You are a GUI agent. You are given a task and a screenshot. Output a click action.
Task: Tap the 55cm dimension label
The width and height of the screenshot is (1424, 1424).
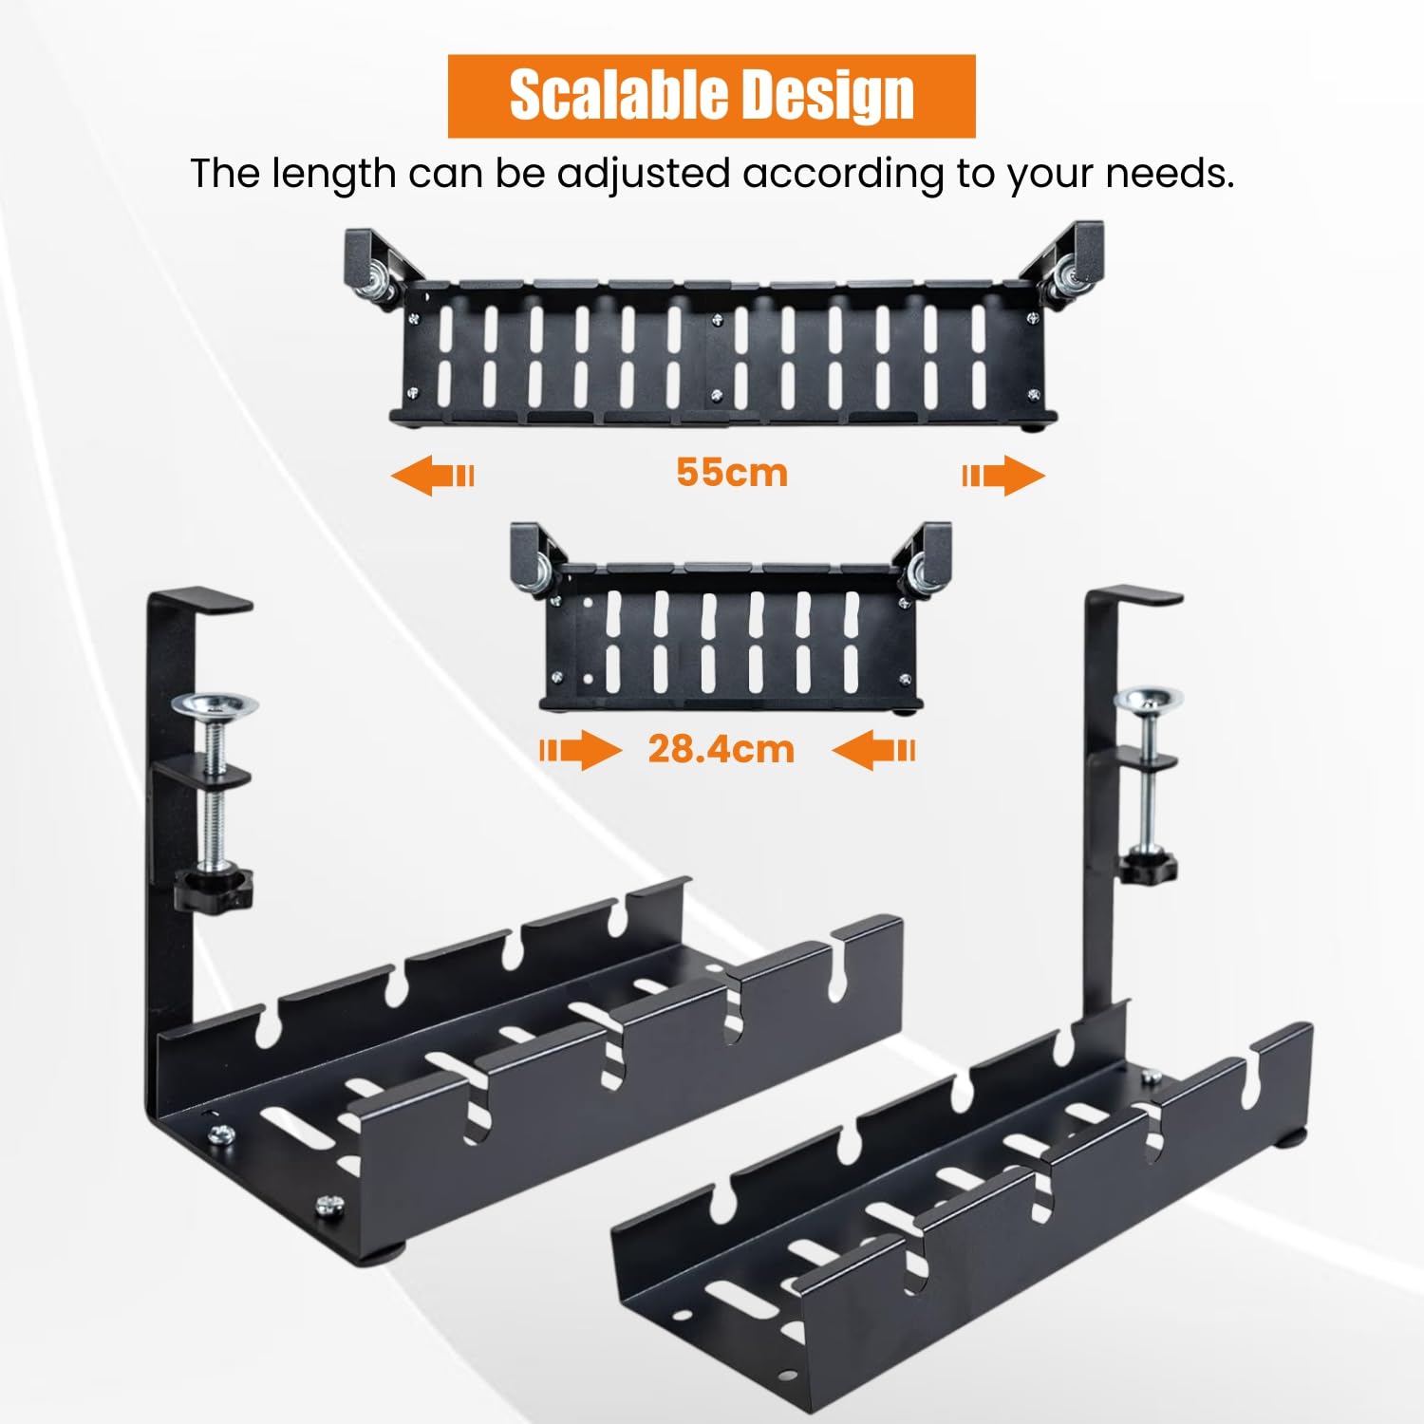pyautogui.click(x=732, y=473)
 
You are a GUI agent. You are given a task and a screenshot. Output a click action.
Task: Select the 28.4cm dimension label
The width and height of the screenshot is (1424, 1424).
pyautogui.click(x=721, y=749)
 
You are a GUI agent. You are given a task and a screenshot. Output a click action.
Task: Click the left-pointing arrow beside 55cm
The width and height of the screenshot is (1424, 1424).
pyautogui.click(x=432, y=475)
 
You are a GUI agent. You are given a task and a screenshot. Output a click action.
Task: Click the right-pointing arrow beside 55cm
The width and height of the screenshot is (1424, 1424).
pyautogui.click(x=1003, y=475)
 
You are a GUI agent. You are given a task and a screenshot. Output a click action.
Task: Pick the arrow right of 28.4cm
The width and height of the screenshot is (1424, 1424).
pyautogui.click(x=874, y=751)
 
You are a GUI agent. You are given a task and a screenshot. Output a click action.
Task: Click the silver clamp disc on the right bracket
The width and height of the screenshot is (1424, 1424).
pyautogui.click(x=1149, y=700)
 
